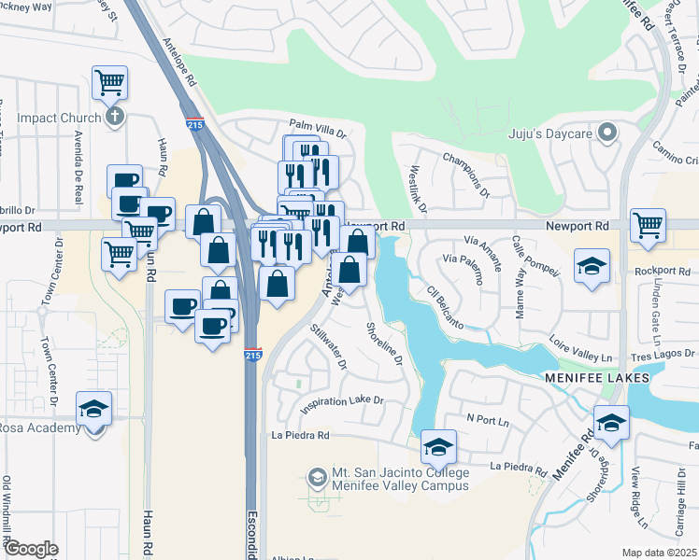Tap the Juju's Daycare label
(551, 133)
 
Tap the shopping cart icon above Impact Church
(110, 82)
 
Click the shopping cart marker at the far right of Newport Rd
(648, 223)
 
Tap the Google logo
(32, 549)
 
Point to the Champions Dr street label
(465, 175)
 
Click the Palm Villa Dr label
(317, 124)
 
